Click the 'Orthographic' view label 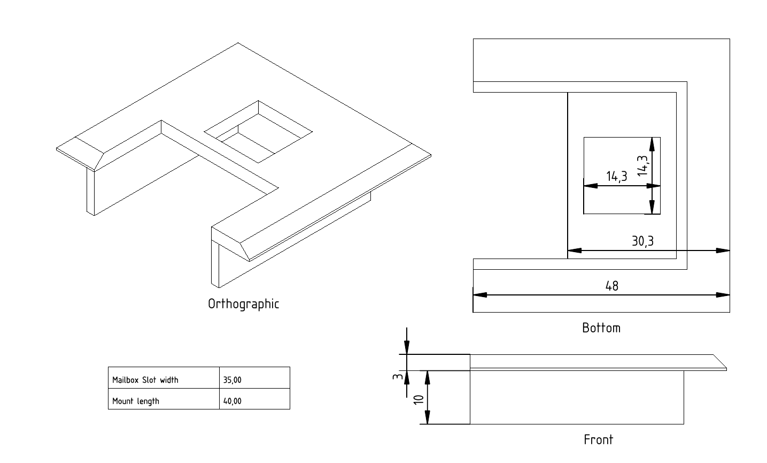tap(243, 304)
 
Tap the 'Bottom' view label tap(601, 328)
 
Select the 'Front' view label tap(598, 439)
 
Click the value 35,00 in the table tap(232, 380)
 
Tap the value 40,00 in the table tap(232, 401)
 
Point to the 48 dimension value tap(612, 286)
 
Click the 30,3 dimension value tap(642, 241)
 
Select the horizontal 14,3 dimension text tap(617, 176)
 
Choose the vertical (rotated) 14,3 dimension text tap(642, 165)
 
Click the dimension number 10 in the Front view tap(419, 399)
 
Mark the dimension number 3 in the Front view tap(397, 377)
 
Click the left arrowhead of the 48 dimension tap(480, 295)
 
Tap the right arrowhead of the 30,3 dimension tap(723, 251)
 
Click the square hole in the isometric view tap(258, 132)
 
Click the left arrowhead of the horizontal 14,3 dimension tap(591, 186)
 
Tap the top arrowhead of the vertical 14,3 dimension tap(652, 145)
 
